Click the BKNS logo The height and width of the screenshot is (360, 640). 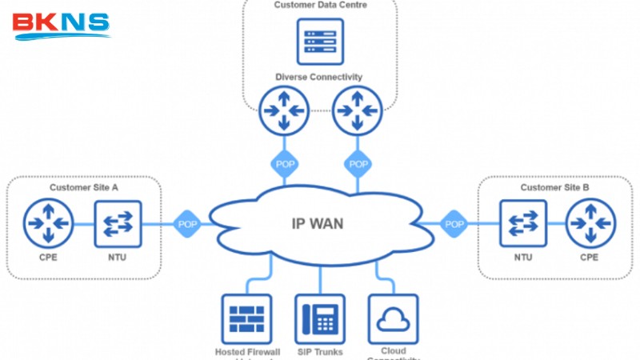click(x=61, y=23)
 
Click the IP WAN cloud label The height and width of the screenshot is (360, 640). click(x=317, y=223)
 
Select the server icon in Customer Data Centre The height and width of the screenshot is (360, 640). click(x=320, y=41)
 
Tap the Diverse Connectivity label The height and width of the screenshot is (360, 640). click(x=319, y=77)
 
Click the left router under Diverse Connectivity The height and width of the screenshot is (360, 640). click(x=284, y=110)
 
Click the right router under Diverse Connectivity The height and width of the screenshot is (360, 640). click(x=356, y=110)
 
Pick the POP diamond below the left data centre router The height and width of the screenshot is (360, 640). click(x=284, y=164)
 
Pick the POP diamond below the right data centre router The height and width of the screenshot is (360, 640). click(x=358, y=164)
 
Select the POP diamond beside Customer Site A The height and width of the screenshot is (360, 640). click(x=187, y=224)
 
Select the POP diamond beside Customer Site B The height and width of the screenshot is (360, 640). click(x=454, y=224)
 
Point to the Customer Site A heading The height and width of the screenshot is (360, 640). click(x=84, y=187)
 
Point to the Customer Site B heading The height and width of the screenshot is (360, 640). click(x=554, y=187)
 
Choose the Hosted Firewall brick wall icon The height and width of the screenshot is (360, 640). click(x=246, y=319)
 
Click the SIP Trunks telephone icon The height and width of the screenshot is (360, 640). click(x=320, y=319)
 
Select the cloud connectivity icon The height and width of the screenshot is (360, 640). click(x=393, y=319)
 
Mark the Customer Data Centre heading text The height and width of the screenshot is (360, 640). click(x=320, y=5)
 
